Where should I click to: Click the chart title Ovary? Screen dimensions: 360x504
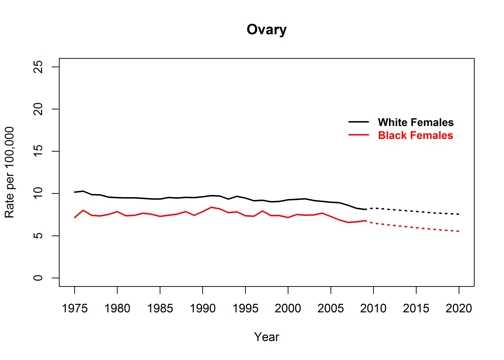266,30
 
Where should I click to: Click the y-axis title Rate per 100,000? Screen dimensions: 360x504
14,172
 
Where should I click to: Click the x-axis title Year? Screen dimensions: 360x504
266,336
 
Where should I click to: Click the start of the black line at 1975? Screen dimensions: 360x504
75,192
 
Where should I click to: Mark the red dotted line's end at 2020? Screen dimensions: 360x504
459,232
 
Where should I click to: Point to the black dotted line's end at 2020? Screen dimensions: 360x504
459,214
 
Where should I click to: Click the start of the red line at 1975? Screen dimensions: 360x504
75,217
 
